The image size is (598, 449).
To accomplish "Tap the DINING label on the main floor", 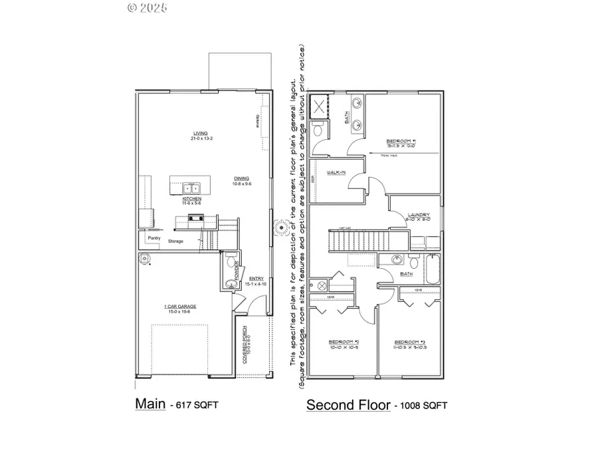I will coord(242,178).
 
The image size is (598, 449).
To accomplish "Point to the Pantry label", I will coord(153,237).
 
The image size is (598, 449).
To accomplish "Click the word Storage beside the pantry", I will coord(175,241).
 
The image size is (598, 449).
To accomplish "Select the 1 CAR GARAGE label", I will coord(180,307).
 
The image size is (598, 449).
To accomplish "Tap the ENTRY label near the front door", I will coord(256,279).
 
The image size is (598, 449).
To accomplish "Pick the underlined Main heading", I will coord(150,403).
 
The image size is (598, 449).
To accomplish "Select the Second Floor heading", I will coord(348,404).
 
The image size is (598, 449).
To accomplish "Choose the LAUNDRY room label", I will coord(418,214).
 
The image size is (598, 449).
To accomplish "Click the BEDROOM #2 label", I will coord(344,343).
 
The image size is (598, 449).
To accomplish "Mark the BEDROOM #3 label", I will coord(409,343).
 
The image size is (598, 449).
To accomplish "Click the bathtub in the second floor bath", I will coord(429,264).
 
